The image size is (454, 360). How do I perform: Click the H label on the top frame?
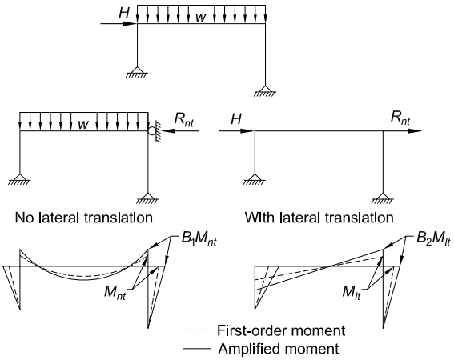[x=123, y=13]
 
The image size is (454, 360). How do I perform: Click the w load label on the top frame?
[x=201, y=17]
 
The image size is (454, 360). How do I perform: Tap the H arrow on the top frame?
[x=119, y=24]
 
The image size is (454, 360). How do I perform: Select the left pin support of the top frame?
[x=137, y=72]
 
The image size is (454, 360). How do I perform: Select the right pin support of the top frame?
[x=265, y=91]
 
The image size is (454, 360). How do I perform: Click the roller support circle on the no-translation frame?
[x=151, y=131]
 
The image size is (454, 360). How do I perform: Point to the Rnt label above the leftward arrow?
[x=183, y=119]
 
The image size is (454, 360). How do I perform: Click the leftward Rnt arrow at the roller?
[x=181, y=131]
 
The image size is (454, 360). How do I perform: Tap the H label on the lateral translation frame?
[x=236, y=118]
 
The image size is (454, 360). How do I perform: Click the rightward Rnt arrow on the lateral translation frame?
[x=403, y=131]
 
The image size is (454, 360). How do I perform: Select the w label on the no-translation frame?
[x=83, y=125]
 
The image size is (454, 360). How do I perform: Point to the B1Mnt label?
[x=199, y=240]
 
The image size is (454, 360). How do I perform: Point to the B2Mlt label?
[x=433, y=240]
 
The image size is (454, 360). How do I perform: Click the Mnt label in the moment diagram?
[x=115, y=293]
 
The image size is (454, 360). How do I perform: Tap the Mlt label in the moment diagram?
[x=352, y=292]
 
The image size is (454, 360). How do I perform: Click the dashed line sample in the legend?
[x=197, y=330]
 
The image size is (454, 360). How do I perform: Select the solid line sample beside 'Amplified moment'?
[x=197, y=349]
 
